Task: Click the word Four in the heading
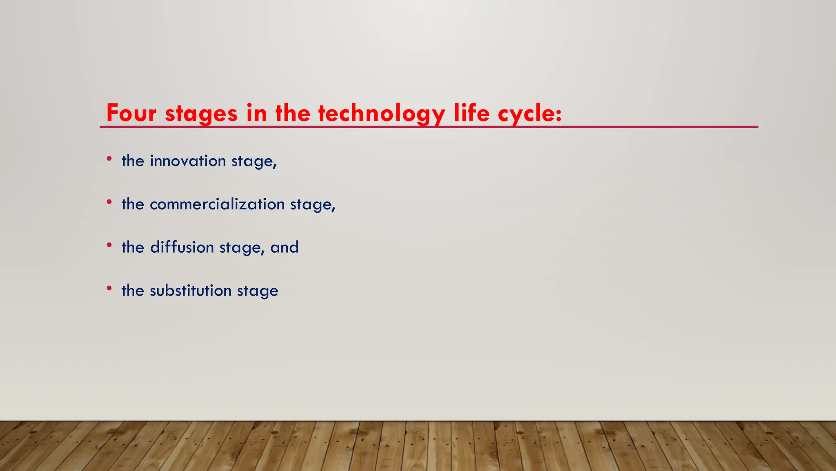click(x=131, y=113)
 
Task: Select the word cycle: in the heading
click(x=529, y=113)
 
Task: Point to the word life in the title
click(x=471, y=113)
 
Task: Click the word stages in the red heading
click(x=201, y=114)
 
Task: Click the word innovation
click(x=188, y=161)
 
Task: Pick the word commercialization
click(x=217, y=204)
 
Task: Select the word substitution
click(x=191, y=291)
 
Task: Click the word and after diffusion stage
click(x=285, y=247)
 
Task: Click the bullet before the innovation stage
click(x=109, y=158)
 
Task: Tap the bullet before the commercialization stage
click(x=109, y=202)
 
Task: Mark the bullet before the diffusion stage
click(x=109, y=245)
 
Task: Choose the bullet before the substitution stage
click(x=109, y=288)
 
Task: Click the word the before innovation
click(x=133, y=161)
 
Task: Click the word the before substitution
click(x=133, y=291)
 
